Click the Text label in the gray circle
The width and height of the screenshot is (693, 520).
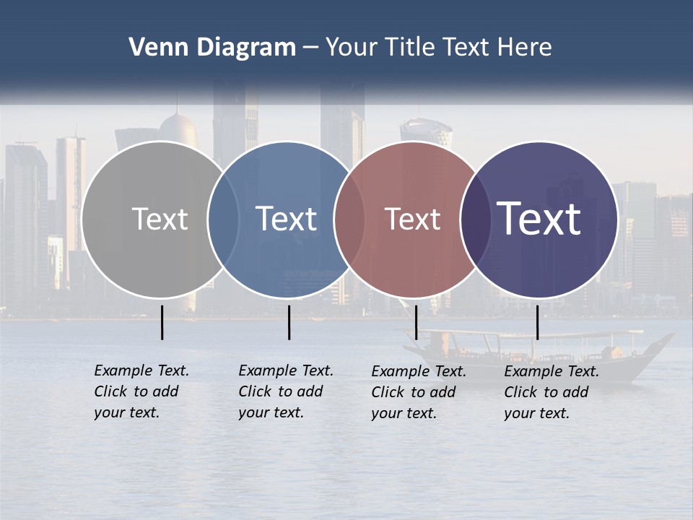coord(160,219)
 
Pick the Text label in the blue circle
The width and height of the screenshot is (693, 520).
coord(286,219)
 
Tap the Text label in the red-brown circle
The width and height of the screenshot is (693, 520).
coord(412,219)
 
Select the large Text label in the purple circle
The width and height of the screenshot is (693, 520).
coord(539,219)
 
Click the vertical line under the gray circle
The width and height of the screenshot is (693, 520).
coord(162,322)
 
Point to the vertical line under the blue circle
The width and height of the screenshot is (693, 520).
coord(289,322)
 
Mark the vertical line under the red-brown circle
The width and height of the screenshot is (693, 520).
coord(416,322)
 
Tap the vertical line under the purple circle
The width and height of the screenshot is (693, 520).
coord(537,322)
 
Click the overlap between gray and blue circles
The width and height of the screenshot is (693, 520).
coord(223,220)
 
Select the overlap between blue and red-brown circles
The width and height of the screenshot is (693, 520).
coord(349,220)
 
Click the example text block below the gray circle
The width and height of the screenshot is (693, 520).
coord(141,391)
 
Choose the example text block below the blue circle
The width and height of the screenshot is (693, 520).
coord(285,391)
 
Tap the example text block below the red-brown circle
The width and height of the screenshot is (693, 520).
coord(418,392)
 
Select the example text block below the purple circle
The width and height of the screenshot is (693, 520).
coord(551,392)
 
